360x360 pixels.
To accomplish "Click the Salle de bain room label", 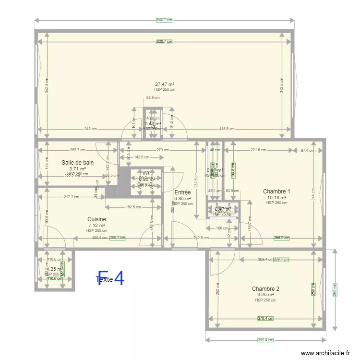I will coord(77,163).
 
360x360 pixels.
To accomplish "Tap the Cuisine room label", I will coord(96,219).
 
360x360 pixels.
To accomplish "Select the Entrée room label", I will coord(182,192).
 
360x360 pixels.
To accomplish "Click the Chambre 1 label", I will coord(276,192).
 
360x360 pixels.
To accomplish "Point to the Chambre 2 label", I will coord(265,289).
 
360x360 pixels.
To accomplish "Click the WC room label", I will coord(147,173).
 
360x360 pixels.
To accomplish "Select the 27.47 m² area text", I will coord(164,84).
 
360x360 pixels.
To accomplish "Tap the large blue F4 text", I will coord(111,278).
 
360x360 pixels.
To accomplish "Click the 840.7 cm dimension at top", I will coord(164,20).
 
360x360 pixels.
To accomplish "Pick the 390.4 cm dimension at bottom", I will coord(265,340).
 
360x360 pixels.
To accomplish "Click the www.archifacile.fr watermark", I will coord(326,353).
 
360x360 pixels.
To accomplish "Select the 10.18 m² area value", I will coord(276,197).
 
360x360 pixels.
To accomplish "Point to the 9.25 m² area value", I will coord(265,295).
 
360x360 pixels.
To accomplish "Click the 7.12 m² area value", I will coord(96,225).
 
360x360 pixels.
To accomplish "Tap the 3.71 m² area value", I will coord(77,168).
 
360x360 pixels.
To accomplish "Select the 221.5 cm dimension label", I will coord(258,150).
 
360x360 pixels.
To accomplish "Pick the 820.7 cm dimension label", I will coord(164,42).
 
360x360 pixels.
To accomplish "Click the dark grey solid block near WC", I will coord(111,182).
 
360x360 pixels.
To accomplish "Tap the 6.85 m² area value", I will coord(182,198).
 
